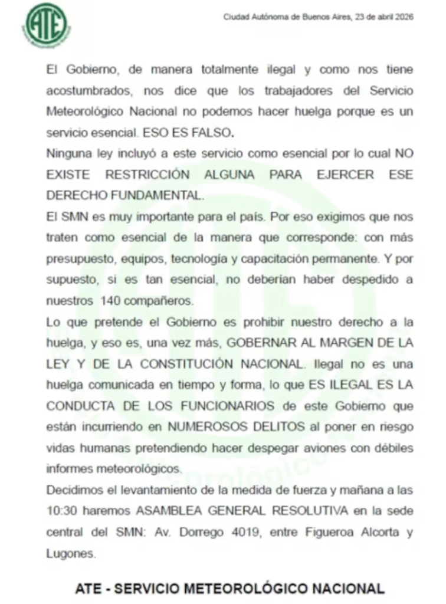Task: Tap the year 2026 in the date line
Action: [x=404, y=17]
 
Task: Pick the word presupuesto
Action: [x=74, y=258]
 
